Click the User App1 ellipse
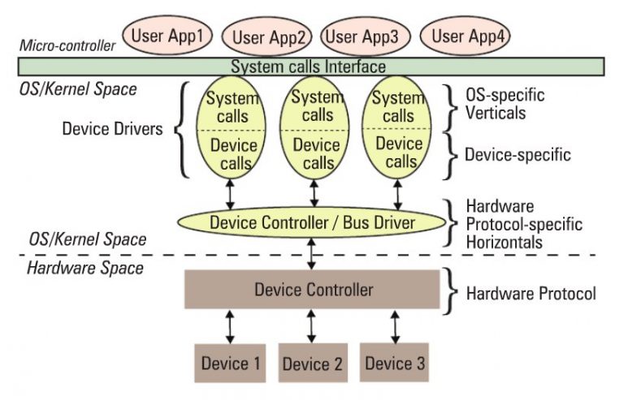click(x=168, y=36)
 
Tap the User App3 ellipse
click(x=361, y=36)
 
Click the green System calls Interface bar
click(x=309, y=67)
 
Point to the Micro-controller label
click(x=68, y=45)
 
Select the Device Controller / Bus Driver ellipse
click(x=313, y=222)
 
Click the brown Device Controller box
click(x=313, y=289)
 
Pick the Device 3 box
click(x=395, y=362)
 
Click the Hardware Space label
click(x=74, y=269)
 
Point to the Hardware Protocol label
click(x=531, y=293)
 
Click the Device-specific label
click(x=518, y=153)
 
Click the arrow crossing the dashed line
click(x=313, y=253)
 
